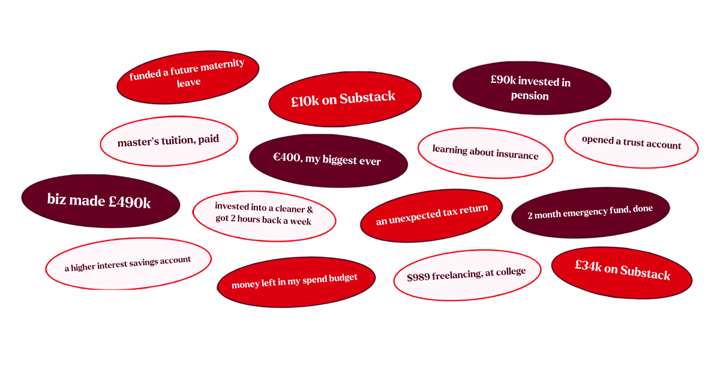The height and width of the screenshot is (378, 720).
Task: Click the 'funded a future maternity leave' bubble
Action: pos(188,77)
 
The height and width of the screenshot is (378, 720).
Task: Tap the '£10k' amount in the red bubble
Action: pos(305,101)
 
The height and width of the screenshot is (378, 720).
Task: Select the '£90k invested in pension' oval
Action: pos(532,88)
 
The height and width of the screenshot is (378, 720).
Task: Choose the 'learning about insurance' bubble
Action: pos(485,152)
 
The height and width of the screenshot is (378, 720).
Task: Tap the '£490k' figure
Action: pos(130,203)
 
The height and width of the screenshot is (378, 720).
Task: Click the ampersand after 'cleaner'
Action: pos(310,210)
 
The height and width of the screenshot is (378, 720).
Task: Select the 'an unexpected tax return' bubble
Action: pos(431,215)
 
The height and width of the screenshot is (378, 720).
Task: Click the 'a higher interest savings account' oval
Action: pos(128,263)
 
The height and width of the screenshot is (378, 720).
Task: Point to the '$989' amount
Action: pos(418,277)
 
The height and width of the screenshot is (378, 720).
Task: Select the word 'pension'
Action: pos(530,96)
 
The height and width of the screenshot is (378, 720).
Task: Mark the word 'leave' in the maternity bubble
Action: pos(188,83)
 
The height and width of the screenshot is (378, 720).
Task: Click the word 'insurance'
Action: pos(517,155)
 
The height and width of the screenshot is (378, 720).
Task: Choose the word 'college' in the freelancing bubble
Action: pos(511,272)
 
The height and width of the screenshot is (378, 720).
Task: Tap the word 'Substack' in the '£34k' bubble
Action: pos(645,273)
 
